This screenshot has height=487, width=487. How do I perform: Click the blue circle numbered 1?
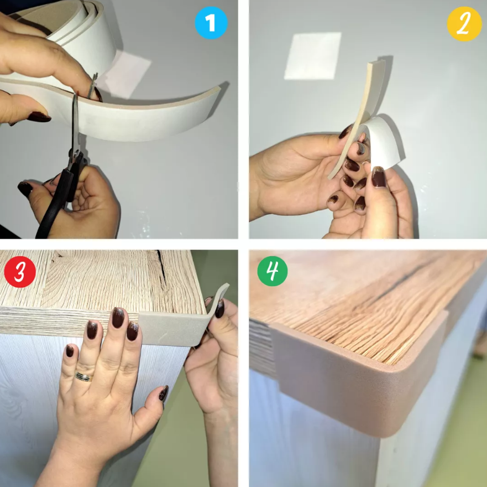[x=211, y=23]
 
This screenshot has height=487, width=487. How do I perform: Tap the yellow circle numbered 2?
[x=463, y=24]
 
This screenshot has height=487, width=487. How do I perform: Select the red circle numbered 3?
[x=20, y=271]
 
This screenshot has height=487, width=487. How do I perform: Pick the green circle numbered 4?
[x=273, y=271]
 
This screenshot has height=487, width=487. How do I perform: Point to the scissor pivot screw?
[x=75, y=152]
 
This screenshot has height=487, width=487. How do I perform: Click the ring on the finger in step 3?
[x=84, y=376]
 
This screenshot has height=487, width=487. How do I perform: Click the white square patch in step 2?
[x=313, y=56]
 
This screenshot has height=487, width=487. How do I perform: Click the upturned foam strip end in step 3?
[x=221, y=292]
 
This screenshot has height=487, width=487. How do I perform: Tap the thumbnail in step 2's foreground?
[x=379, y=177]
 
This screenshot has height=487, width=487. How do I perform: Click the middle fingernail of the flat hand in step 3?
[x=118, y=317]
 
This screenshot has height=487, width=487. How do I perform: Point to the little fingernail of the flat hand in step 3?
[x=70, y=350]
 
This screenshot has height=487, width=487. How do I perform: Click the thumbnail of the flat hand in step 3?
[x=164, y=393]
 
